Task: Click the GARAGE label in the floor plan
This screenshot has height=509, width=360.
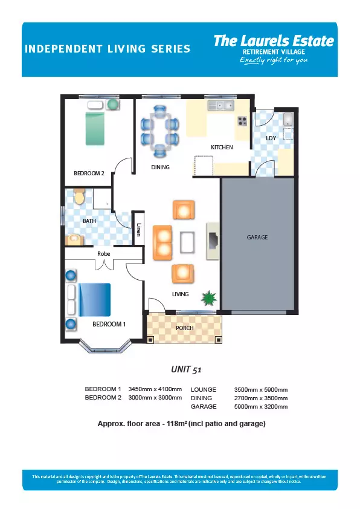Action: (257, 238)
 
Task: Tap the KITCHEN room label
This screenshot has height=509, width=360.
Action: (222, 148)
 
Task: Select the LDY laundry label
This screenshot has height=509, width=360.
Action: (271, 138)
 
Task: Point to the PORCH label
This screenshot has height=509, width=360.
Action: (185, 328)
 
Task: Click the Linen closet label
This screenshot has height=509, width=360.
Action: (139, 230)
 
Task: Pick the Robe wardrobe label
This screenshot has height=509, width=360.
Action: (104, 253)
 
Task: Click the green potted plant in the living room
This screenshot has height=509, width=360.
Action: (208, 297)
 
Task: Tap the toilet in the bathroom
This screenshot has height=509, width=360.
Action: (79, 196)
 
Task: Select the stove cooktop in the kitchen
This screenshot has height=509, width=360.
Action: (242, 121)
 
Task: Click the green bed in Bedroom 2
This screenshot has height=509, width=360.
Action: (95, 129)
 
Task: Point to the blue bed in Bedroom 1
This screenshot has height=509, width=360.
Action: (94, 300)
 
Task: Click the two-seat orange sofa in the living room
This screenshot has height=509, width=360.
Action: (162, 242)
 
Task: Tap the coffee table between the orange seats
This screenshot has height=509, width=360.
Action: (187, 242)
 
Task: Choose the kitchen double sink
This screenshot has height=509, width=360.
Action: (220, 106)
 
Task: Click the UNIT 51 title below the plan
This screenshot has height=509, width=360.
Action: (186, 369)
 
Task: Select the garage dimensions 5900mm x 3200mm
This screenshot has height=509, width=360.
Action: (261, 406)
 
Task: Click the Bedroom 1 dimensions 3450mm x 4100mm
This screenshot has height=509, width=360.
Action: (155, 389)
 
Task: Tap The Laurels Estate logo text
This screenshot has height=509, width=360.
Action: (274, 41)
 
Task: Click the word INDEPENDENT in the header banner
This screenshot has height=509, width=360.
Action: (63, 49)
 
